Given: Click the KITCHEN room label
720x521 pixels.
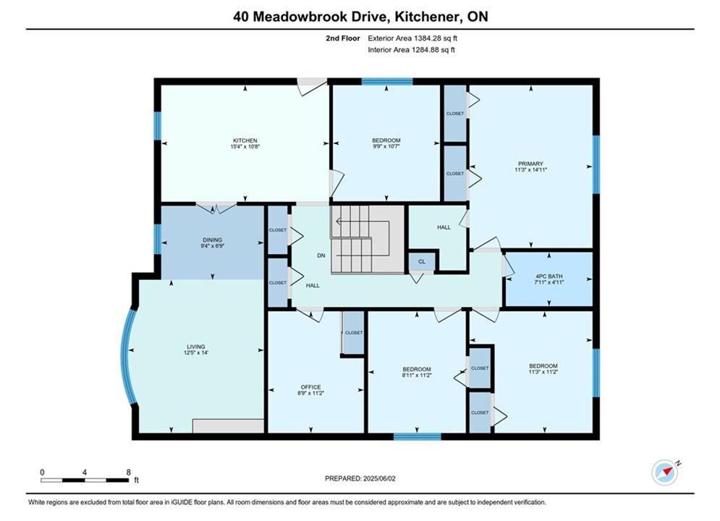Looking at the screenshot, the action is click(245, 140).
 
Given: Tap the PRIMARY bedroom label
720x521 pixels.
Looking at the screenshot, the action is click(530, 164).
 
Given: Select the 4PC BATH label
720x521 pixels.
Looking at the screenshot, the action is click(549, 276).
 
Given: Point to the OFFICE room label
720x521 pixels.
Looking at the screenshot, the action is click(311, 387).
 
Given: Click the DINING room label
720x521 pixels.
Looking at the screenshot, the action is click(212, 240).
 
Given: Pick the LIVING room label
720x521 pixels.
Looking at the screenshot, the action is click(195, 347).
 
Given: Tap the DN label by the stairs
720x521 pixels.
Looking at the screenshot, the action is click(321, 255).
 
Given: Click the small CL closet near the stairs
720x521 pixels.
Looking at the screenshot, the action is click(422, 262).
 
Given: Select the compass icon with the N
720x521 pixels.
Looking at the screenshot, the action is click(665, 471).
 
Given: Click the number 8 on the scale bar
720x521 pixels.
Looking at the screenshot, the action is click(129, 472).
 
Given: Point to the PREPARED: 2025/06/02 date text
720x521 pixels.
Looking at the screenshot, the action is click(360, 478).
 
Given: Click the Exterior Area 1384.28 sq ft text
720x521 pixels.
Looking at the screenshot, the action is click(412, 38).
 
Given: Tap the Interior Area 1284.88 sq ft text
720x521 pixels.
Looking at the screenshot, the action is click(411, 50).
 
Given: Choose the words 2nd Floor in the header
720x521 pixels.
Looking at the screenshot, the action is click(343, 38).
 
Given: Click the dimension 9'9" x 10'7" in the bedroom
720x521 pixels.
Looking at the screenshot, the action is click(386, 146).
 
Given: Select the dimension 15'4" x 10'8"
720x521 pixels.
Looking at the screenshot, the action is click(245, 146).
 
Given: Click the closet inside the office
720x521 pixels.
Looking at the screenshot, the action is click(354, 332).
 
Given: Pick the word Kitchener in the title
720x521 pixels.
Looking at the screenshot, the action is click(428, 17).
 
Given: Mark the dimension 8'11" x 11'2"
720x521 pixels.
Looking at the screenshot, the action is click(417, 375).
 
